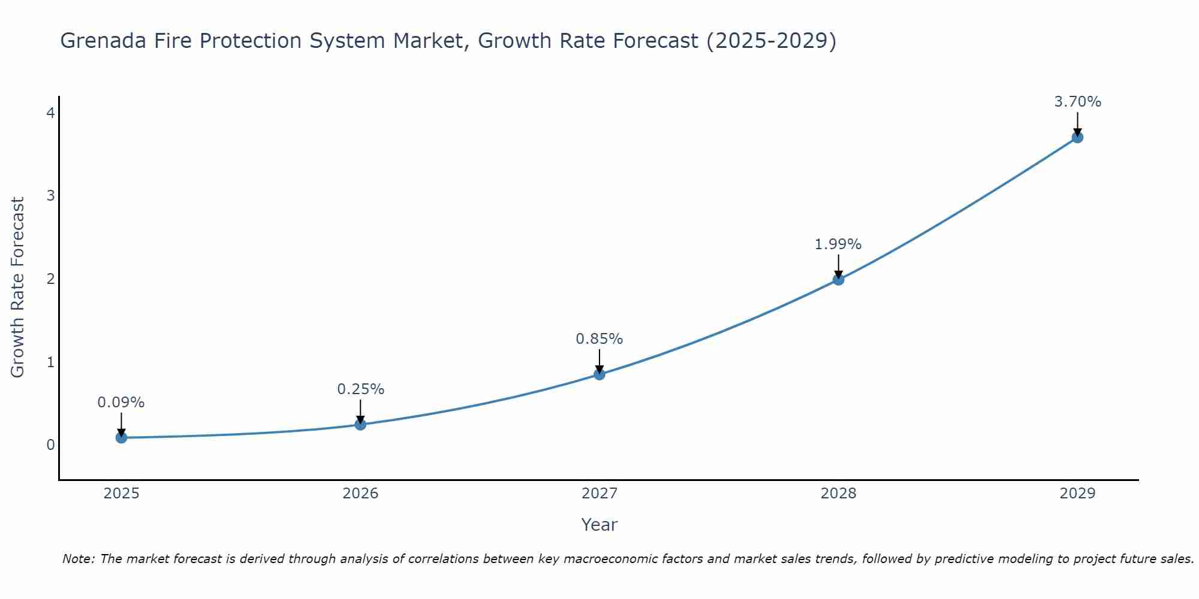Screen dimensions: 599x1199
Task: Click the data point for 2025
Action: (121, 437)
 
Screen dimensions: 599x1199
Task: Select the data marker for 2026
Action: (360, 424)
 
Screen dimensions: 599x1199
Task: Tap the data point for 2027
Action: (599, 374)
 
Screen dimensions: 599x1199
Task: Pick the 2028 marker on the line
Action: (838, 279)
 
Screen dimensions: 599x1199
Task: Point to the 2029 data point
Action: (1077, 137)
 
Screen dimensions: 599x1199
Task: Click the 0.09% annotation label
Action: (121, 403)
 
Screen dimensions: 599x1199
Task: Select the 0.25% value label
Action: (360, 389)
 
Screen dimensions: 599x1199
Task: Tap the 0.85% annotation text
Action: (599, 339)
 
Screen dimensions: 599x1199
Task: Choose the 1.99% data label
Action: (838, 244)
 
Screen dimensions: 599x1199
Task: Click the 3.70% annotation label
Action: (1077, 102)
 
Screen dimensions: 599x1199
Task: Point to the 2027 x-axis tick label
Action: (599, 494)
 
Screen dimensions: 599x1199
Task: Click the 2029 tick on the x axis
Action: (1077, 494)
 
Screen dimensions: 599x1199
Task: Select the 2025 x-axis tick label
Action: (121, 494)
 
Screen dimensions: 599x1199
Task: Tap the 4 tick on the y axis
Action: (50, 113)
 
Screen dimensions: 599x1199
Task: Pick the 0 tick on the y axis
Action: (50, 444)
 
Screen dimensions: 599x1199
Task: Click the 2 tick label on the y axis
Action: (50, 279)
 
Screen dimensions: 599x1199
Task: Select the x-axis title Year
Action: (599, 525)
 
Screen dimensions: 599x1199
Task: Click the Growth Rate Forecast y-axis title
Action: (18, 288)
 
